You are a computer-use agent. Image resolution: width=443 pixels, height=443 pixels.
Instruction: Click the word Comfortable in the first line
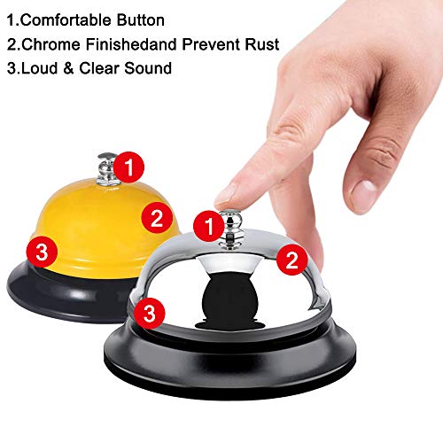65,20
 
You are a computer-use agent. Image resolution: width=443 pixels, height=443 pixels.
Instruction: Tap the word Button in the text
141,20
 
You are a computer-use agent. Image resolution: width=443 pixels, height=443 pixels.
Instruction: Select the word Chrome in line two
51,44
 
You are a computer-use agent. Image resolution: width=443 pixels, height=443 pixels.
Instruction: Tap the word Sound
148,68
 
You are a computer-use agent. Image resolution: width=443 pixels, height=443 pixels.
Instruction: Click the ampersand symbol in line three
68,68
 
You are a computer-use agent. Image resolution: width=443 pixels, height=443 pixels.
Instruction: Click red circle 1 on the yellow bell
128,167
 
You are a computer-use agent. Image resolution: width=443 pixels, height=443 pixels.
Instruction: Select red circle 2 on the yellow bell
157,218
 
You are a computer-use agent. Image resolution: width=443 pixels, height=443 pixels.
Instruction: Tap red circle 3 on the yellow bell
42,252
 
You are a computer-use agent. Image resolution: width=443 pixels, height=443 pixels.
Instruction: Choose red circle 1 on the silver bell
209,226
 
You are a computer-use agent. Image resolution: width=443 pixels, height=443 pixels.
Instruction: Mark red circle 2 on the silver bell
291,260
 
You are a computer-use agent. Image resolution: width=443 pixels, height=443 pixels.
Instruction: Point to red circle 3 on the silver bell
150,313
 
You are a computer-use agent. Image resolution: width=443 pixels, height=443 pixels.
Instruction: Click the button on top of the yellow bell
106,169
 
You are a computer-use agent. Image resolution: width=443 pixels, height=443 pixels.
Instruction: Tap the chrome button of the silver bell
232,229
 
